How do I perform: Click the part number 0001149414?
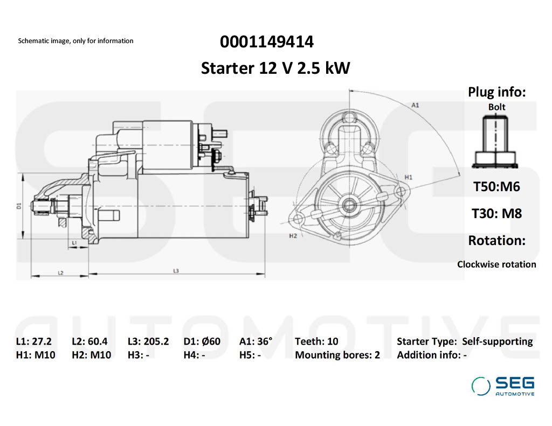[267, 41]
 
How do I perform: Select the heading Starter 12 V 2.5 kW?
[275, 68]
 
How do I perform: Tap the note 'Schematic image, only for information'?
[75, 41]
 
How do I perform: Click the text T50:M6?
[496, 187]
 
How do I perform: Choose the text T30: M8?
[496, 213]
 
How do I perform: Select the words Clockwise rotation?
[496, 264]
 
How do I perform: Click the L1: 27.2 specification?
[34, 341]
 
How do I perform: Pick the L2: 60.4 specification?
[89, 341]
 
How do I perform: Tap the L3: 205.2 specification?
[148, 341]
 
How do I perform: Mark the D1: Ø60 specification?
[202, 341]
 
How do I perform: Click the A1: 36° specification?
[256, 341]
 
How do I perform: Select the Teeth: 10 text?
[316, 341]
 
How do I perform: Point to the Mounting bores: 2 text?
[337, 355]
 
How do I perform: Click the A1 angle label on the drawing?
[415, 105]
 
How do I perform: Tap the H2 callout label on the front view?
[293, 236]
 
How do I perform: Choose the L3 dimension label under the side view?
[176, 270]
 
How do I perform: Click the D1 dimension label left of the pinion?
[18, 206]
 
